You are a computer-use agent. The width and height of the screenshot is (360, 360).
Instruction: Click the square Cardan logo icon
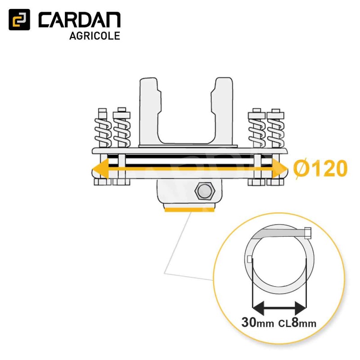(19, 20)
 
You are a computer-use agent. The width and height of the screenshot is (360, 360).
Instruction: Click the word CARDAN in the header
(80, 20)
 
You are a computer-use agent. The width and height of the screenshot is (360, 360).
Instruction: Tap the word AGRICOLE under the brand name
(94, 36)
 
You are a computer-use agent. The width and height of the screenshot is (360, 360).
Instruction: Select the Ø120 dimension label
(320, 169)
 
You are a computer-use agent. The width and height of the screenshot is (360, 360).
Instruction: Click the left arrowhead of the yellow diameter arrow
(100, 169)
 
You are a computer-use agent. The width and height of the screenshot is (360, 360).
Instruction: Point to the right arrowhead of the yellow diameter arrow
(280, 169)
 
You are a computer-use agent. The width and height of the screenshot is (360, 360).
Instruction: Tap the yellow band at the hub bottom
(189, 209)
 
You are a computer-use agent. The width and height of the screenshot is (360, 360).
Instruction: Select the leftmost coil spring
(103, 133)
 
